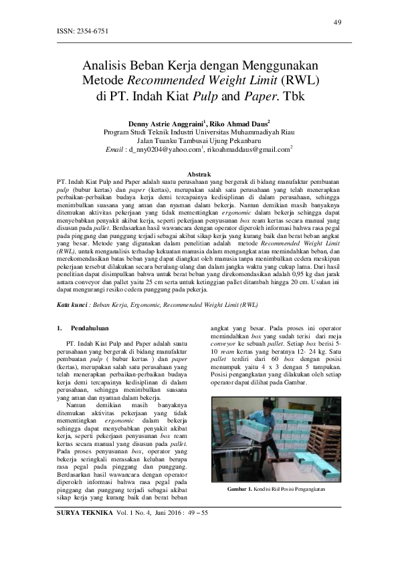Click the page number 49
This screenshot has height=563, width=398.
(x=338, y=23)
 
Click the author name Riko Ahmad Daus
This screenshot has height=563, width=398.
(x=239, y=124)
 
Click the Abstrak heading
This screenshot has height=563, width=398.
(x=198, y=173)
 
